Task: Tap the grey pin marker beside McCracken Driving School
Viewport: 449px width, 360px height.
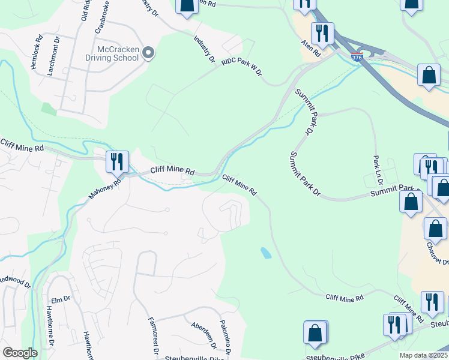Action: [149, 54]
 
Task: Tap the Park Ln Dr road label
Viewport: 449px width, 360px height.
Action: [377, 170]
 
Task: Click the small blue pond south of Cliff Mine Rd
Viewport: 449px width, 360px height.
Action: [265, 253]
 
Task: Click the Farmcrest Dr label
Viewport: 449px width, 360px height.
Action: [151, 330]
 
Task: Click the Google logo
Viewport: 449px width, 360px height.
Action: [20, 353]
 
